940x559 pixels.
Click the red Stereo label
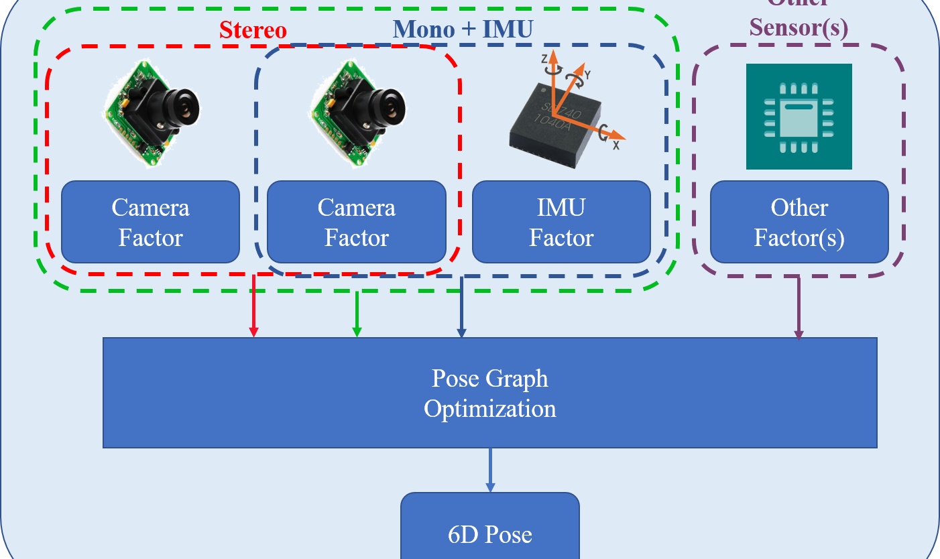click(253, 30)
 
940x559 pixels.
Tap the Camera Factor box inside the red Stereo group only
click(150, 222)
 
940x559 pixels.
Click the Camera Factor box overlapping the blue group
click(356, 222)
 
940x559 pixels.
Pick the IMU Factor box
click(561, 222)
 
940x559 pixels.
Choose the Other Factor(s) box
click(799, 222)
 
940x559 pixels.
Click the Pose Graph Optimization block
click(489, 393)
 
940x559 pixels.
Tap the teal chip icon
click(799, 116)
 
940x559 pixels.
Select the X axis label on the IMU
click(615, 143)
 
